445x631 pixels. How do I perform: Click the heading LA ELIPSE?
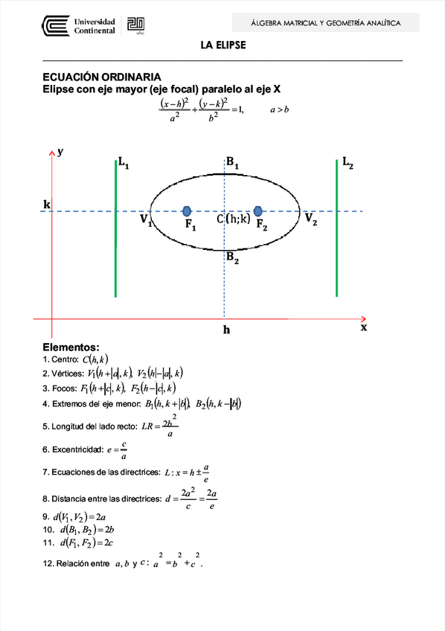click(x=222, y=46)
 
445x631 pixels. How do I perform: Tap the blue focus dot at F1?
click(x=187, y=211)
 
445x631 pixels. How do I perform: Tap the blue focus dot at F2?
click(x=258, y=211)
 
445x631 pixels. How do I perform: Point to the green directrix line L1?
click(x=116, y=231)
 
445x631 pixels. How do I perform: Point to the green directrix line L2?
click(x=336, y=231)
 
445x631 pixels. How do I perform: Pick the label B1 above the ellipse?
click(x=233, y=163)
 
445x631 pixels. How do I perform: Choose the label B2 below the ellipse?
click(x=233, y=257)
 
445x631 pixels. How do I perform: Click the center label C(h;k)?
click(x=233, y=219)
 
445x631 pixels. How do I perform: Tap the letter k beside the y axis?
click(x=47, y=204)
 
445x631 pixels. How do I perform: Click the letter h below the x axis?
click(x=226, y=328)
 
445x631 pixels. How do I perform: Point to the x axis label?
click(x=364, y=327)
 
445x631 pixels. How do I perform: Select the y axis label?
click(x=60, y=151)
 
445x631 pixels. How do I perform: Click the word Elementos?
click(x=71, y=347)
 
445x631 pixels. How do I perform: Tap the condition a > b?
click(x=279, y=109)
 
